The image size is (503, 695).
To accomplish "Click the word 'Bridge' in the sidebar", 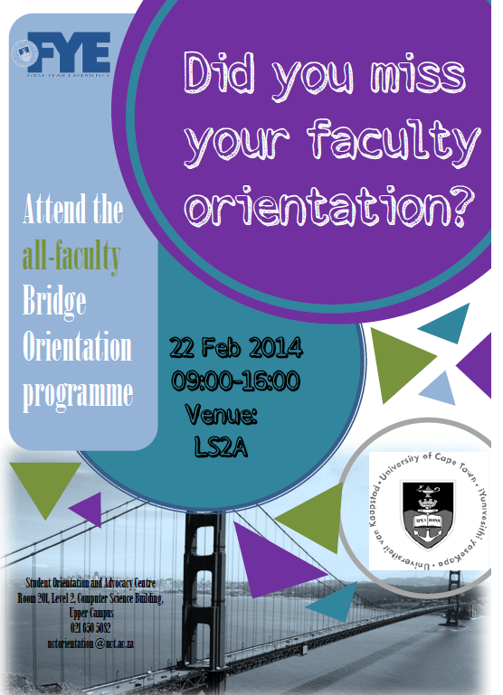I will coord(55,302).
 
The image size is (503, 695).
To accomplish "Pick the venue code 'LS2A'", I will coord(222,447).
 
